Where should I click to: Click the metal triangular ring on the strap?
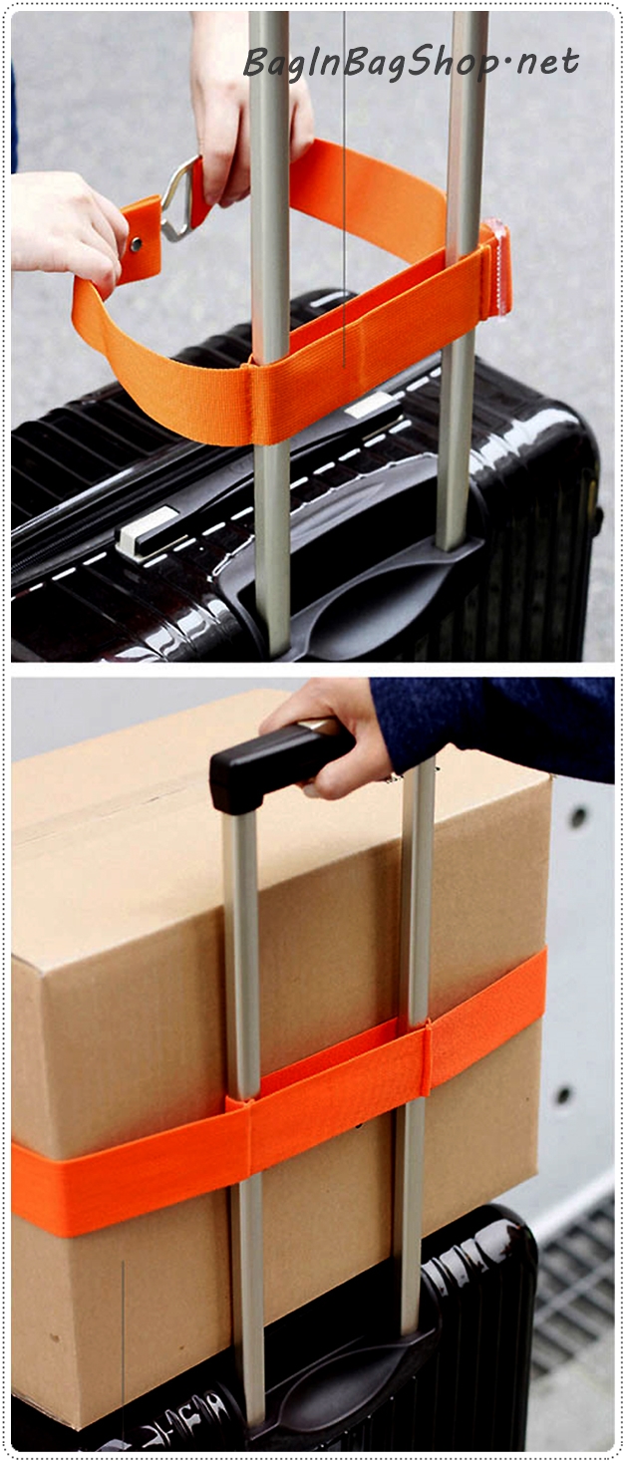click(180, 199)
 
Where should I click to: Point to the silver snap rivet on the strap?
click(137, 245)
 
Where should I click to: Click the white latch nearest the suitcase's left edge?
click(146, 531)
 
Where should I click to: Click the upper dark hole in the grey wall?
click(577, 816)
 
